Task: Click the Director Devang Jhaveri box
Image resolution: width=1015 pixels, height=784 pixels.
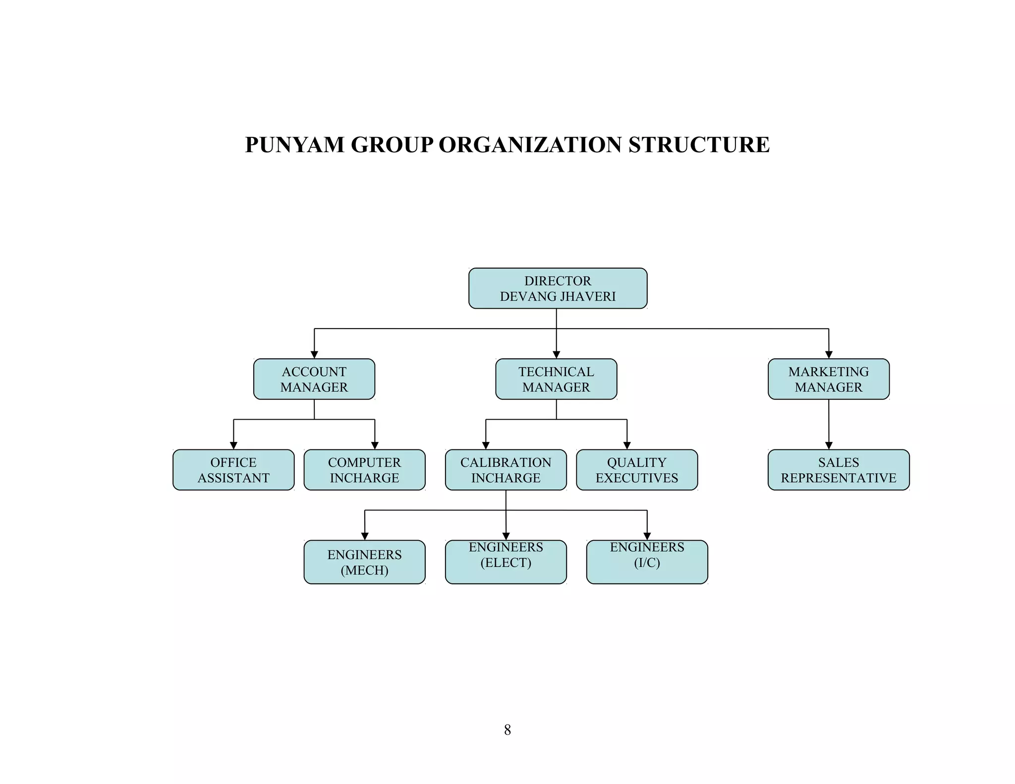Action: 558,288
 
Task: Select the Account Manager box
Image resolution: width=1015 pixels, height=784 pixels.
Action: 314,379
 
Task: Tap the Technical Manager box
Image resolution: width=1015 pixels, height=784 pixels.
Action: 556,379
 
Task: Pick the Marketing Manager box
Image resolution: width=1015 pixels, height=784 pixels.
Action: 828,379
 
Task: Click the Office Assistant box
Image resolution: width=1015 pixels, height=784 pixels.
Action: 233,470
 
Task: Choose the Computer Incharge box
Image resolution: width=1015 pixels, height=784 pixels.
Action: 364,470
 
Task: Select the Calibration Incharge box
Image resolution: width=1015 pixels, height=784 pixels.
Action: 506,470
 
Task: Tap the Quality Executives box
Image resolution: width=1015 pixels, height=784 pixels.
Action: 637,470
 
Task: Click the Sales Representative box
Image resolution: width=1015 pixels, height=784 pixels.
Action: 839,470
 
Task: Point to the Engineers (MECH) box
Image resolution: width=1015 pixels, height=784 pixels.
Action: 364,562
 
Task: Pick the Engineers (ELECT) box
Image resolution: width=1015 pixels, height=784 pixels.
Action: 506,562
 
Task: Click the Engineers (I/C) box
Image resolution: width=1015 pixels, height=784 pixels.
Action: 647,562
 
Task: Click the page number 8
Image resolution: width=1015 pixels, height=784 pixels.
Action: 507,729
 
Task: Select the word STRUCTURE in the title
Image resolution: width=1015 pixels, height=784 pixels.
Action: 699,145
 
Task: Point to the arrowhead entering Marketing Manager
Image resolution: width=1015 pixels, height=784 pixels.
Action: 829,355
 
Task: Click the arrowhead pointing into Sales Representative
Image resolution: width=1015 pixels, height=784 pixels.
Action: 829,446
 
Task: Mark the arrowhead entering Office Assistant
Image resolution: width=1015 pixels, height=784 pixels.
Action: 233,446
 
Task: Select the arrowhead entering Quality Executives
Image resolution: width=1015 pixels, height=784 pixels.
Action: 627,446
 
